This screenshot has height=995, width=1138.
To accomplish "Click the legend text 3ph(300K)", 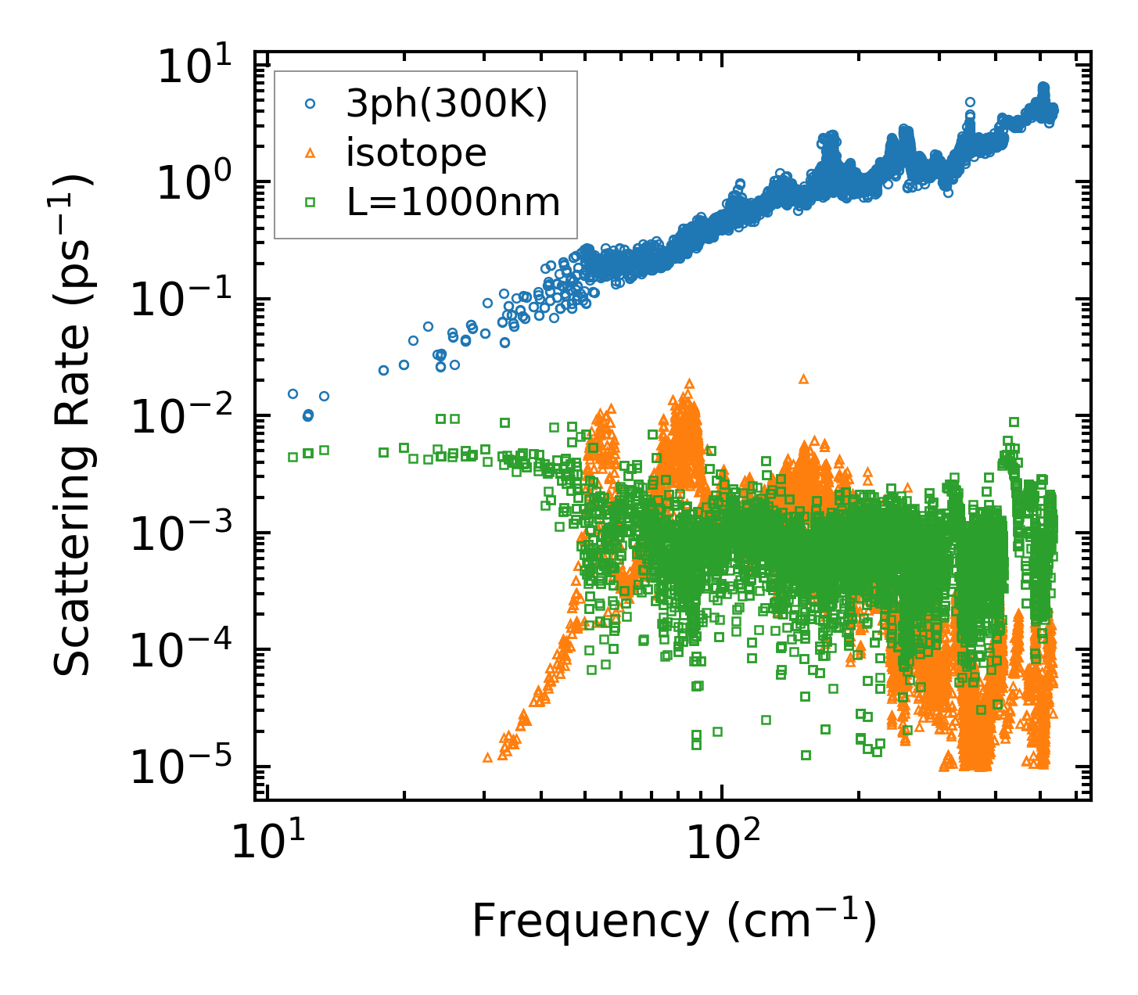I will coord(447,104).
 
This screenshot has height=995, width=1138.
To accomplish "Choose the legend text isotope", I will coord(416,153).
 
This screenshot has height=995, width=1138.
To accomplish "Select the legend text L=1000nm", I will coord(453,203).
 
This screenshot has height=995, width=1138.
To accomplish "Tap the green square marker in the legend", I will coord(310,203).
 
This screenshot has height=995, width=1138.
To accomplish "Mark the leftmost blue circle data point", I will coord(293,394).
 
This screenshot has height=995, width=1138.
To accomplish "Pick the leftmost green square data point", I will coord(293,457).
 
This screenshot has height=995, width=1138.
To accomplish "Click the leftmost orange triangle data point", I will coord(487,757).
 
